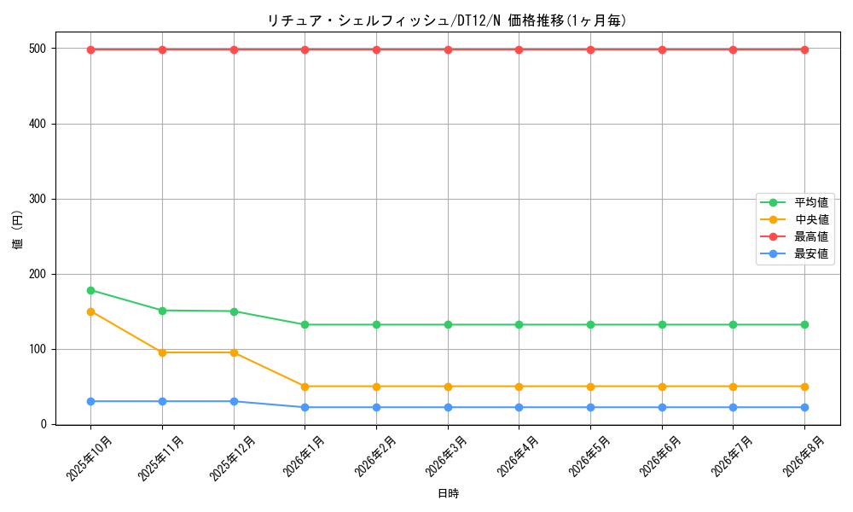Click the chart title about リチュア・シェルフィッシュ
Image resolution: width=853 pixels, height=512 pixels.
[x=447, y=20]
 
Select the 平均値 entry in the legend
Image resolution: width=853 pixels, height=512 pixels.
[x=794, y=202]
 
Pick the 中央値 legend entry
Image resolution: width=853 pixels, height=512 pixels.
[x=794, y=219]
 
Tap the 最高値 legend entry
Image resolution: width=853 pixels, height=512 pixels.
[x=794, y=236]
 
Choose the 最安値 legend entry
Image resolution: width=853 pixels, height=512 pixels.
[x=794, y=253]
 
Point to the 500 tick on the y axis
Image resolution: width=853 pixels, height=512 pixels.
[x=38, y=49]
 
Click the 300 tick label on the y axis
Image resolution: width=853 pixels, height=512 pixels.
[x=38, y=199]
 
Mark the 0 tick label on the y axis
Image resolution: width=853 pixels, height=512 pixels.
[x=44, y=424]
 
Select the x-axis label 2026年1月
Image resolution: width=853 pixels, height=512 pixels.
[x=305, y=456]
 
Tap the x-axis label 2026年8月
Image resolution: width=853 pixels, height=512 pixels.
[x=804, y=456]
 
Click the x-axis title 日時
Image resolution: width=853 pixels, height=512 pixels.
[x=449, y=493]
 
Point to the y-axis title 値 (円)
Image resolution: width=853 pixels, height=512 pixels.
[x=18, y=230]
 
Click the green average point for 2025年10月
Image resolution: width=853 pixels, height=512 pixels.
[x=91, y=290]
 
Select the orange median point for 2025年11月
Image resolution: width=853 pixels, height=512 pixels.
[x=162, y=352]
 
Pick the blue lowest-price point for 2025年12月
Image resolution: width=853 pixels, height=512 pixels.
[x=234, y=402]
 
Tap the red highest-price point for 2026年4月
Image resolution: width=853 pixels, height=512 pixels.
[x=519, y=50]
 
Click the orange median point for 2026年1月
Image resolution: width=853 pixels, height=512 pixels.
[x=305, y=387]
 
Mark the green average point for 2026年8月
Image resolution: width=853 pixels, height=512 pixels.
[x=804, y=325]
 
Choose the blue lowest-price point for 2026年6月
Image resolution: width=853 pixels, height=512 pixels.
[x=662, y=408]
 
